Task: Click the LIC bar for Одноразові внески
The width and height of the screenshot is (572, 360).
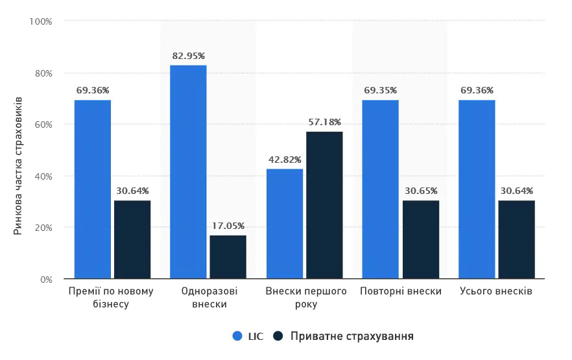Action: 188,172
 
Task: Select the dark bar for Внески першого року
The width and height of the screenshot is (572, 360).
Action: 324,205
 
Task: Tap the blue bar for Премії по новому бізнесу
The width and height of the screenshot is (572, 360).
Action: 92,189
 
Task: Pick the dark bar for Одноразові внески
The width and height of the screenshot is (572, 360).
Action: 228,257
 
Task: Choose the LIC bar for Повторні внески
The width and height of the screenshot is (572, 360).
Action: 380,189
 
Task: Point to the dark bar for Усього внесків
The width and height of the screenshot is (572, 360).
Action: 516,239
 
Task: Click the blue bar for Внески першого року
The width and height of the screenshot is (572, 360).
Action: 285,224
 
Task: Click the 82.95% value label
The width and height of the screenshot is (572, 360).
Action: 189,56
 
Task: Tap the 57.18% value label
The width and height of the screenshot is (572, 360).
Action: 324,122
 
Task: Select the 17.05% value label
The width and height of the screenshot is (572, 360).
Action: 228,226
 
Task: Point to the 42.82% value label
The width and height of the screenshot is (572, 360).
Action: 285,160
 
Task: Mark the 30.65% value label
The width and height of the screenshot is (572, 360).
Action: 420,191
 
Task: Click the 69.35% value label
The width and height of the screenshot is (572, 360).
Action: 381,90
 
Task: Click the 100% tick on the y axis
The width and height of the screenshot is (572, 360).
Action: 41,21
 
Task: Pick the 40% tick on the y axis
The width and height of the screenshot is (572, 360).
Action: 43,176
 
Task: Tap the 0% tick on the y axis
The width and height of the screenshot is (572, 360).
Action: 45,280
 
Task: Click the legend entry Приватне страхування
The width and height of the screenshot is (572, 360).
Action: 352,336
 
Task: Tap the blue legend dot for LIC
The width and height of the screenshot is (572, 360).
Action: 237,336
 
